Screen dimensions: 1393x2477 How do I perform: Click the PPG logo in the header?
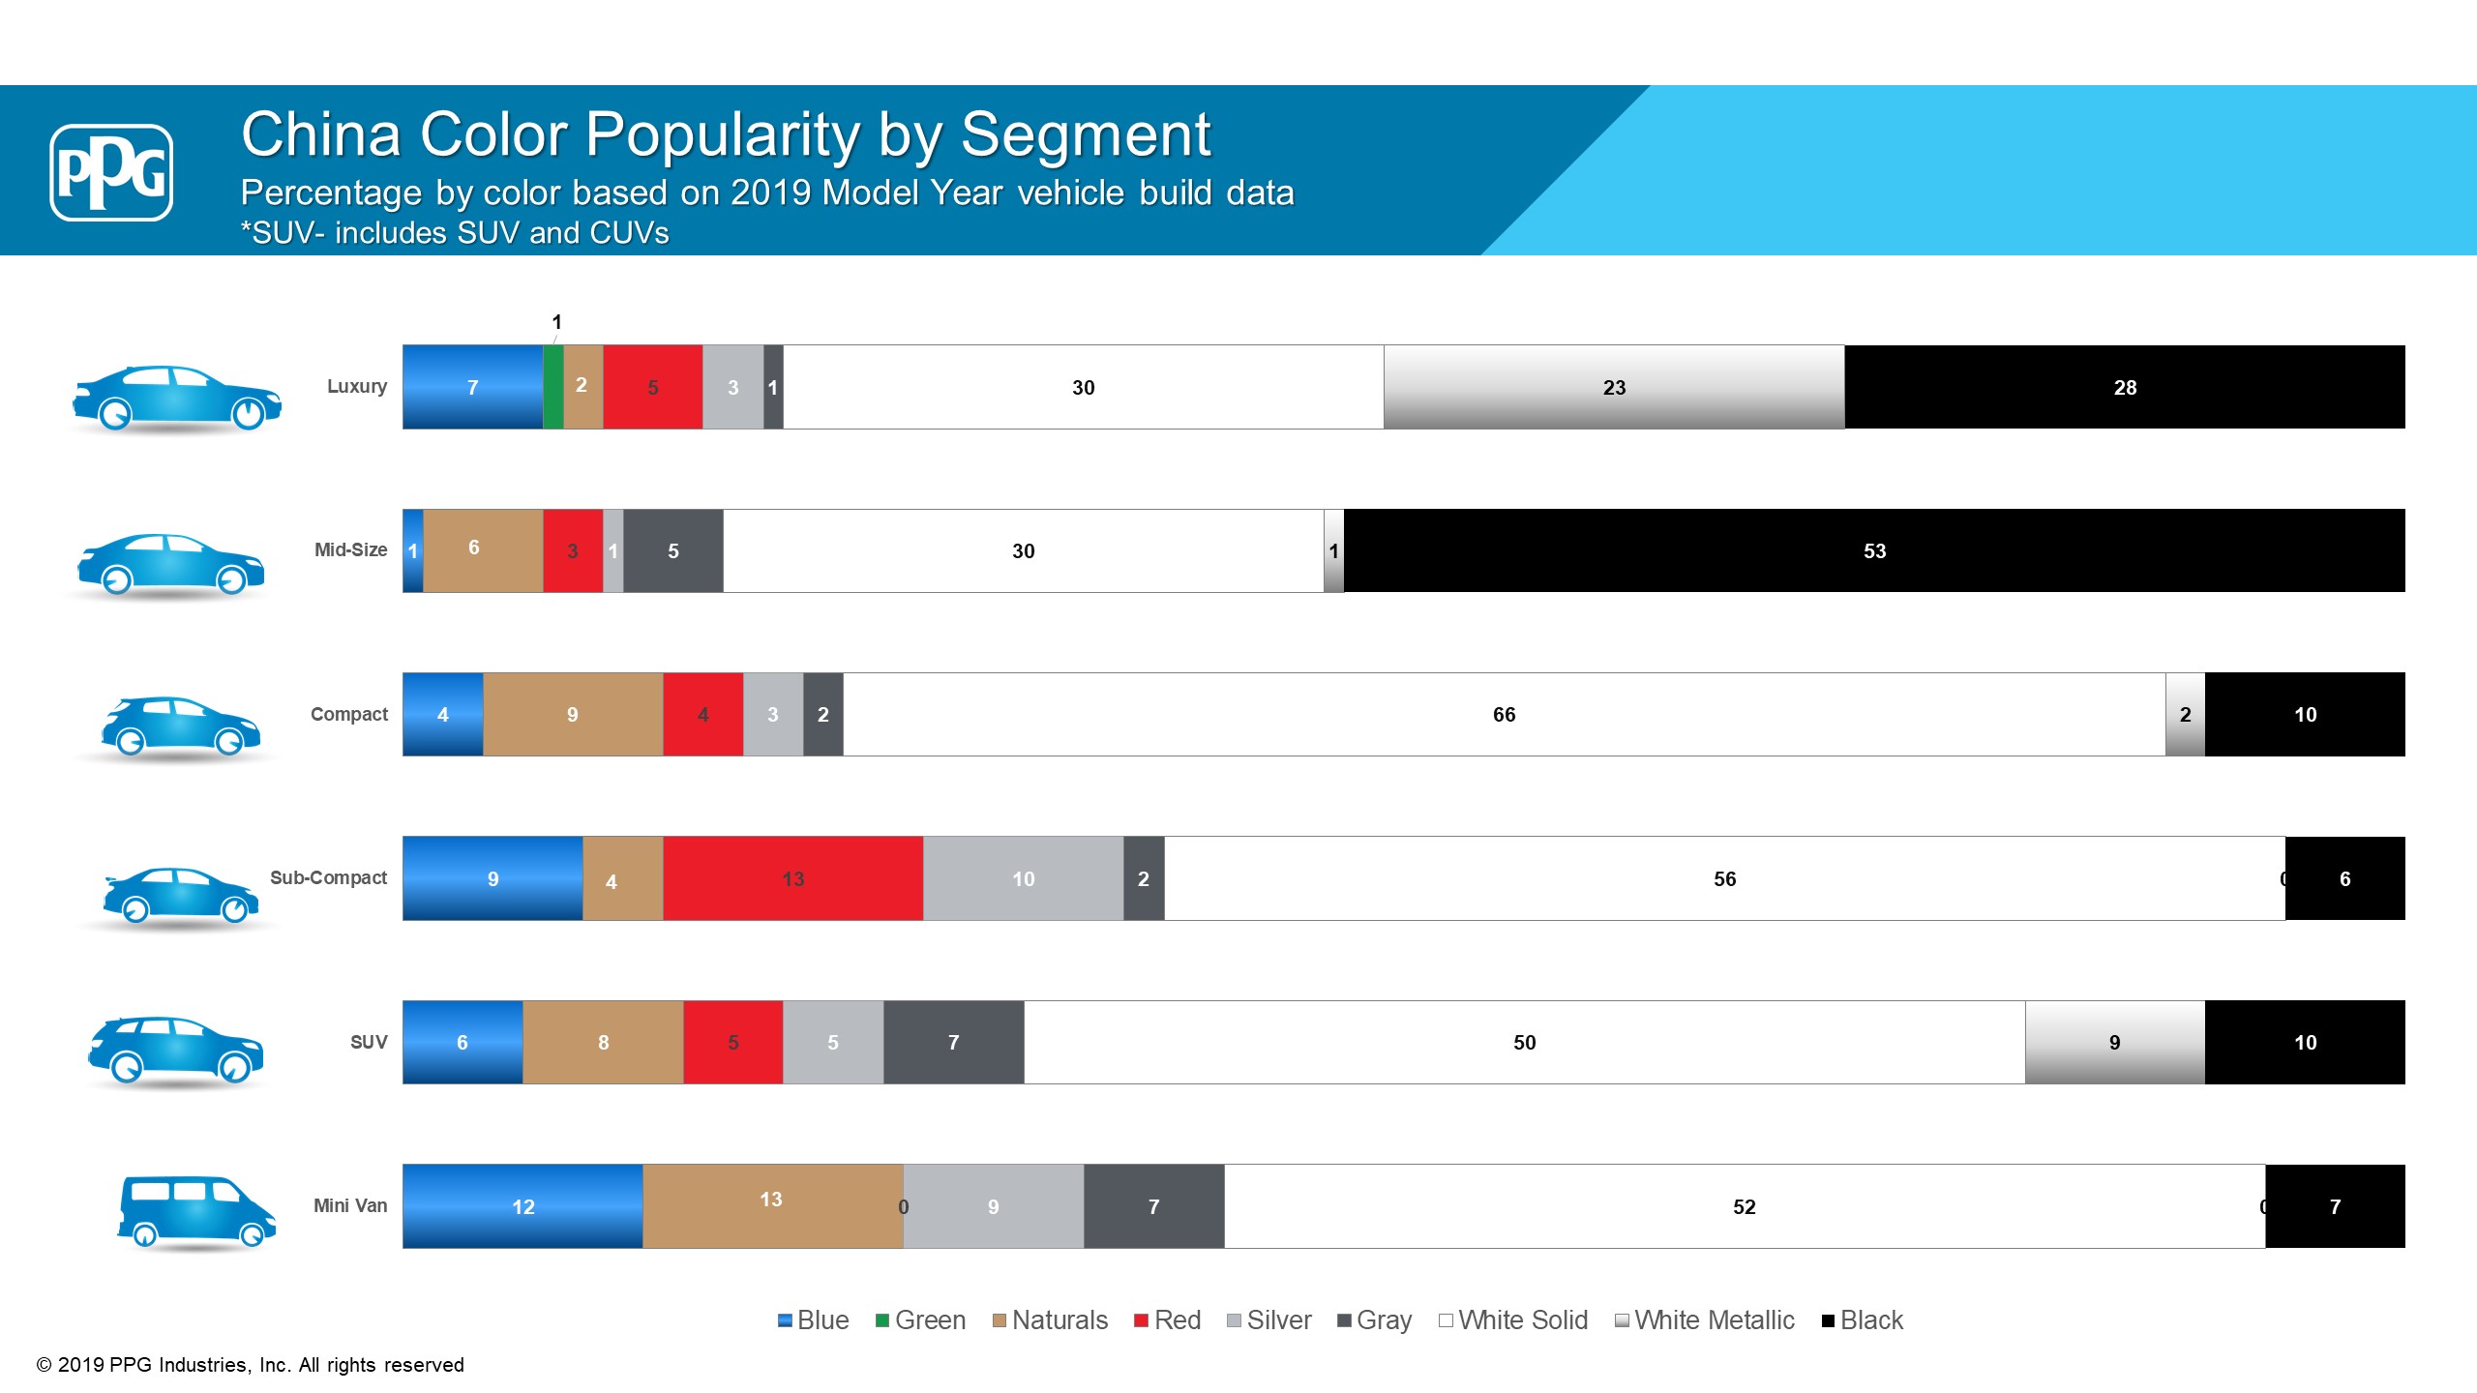111,172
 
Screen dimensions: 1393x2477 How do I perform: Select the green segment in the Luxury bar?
553,387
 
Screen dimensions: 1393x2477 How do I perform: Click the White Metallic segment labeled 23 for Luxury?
1614,387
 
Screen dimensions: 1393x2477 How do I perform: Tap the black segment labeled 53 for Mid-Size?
1874,550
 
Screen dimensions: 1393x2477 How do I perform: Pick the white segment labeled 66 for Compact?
1504,714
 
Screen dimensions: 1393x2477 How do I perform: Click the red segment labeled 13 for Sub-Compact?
793,878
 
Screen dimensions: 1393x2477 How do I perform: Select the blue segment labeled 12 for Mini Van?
522,1206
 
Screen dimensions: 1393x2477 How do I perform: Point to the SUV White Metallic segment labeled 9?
2114,1042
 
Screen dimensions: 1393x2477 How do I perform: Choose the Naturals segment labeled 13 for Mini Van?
772,1206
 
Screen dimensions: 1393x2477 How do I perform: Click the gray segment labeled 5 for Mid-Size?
673,550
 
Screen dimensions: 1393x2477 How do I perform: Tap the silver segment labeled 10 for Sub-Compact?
1023,878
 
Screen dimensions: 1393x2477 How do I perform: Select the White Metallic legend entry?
1705,1320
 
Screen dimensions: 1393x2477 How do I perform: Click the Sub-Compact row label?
328,877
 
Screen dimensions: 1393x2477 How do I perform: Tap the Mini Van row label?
350,1205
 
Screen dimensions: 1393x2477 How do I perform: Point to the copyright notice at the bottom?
251,1365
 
